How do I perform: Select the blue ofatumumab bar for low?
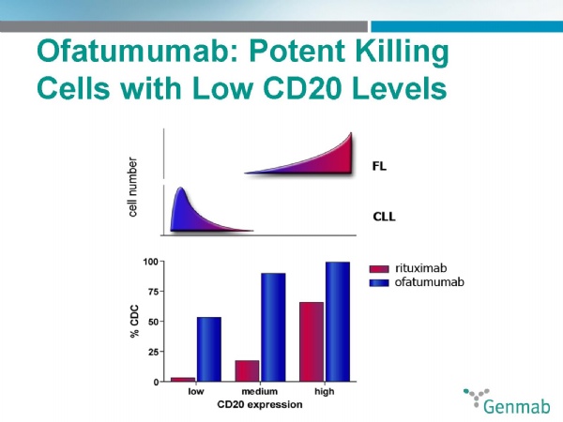point(208,349)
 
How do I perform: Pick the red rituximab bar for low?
point(183,379)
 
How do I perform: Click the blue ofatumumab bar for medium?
point(272,327)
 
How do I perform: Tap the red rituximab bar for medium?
point(247,370)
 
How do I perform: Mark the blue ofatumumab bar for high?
point(337,322)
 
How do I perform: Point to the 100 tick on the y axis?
point(148,261)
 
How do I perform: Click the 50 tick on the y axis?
point(152,322)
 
